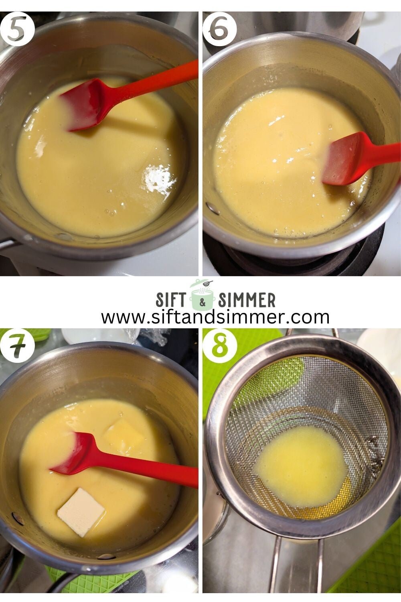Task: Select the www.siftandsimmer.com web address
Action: click(x=215, y=317)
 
